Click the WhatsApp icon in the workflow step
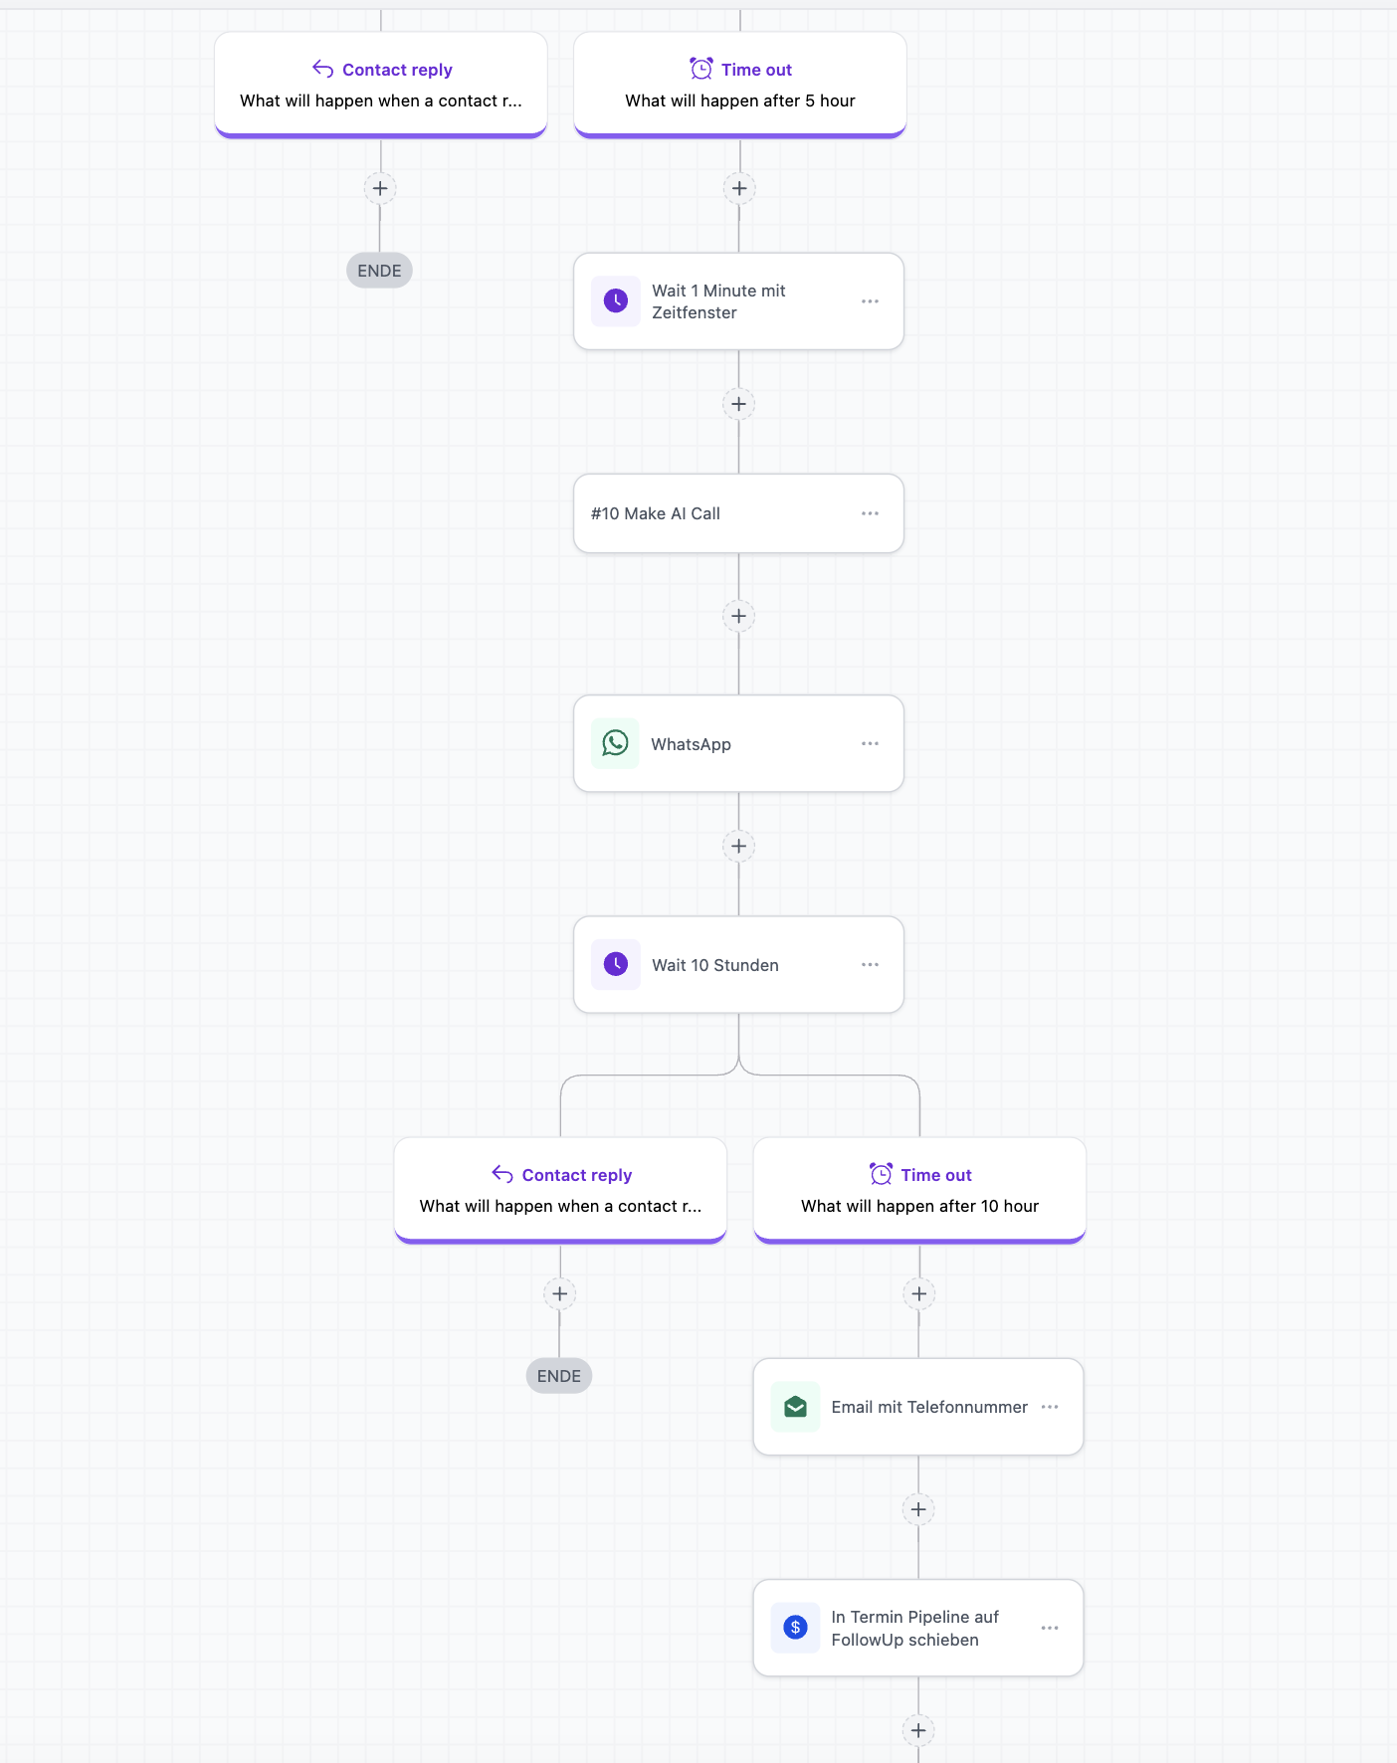tap(616, 743)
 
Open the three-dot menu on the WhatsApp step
tap(870, 743)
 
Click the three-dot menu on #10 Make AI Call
tap(870, 513)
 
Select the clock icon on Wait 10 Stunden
tap(616, 964)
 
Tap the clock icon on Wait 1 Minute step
tap(616, 300)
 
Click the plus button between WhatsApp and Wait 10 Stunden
tap(738, 847)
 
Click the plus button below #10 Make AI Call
tap(738, 616)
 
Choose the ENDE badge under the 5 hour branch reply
tap(379, 271)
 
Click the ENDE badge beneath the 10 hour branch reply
tap(559, 1376)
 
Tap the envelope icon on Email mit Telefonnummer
tap(796, 1407)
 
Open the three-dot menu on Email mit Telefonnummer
tap(1050, 1407)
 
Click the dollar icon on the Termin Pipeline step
tap(796, 1628)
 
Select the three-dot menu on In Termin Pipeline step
tap(1050, 1628)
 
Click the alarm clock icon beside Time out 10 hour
tap(881, 1174)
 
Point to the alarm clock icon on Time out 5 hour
tap(701, 69)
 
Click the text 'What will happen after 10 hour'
tap(920, 1206)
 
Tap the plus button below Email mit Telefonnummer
tap(918, 1509)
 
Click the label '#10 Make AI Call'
tap(656, 513)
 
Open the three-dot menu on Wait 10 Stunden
tap(870, 964)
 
